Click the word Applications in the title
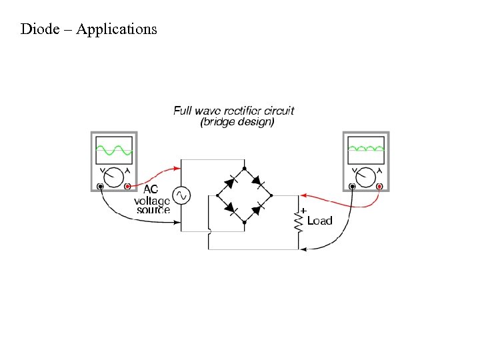(x=117, y=29)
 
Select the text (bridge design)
(x=237, y=122)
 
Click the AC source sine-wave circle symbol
(x=181, y=195)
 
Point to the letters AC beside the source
(x=151, y=189)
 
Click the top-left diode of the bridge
(x=231, y=179)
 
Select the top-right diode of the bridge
(x=257, y=179)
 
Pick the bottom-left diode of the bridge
(x=231, y=210)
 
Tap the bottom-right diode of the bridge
(x=257, y=210)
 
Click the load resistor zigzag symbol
(x=299, y=221)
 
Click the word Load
(x=319, y=221)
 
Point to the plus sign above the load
(x=304, y=210)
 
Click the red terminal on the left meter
(x=127, y=187)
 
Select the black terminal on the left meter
(x=100, y=187)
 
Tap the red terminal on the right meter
(x=379, y=187)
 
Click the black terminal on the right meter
(x=352, y=187)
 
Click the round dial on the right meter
(x=365, y=177)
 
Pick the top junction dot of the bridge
(x=244, y=168)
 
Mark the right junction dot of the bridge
(x=271, y=195)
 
